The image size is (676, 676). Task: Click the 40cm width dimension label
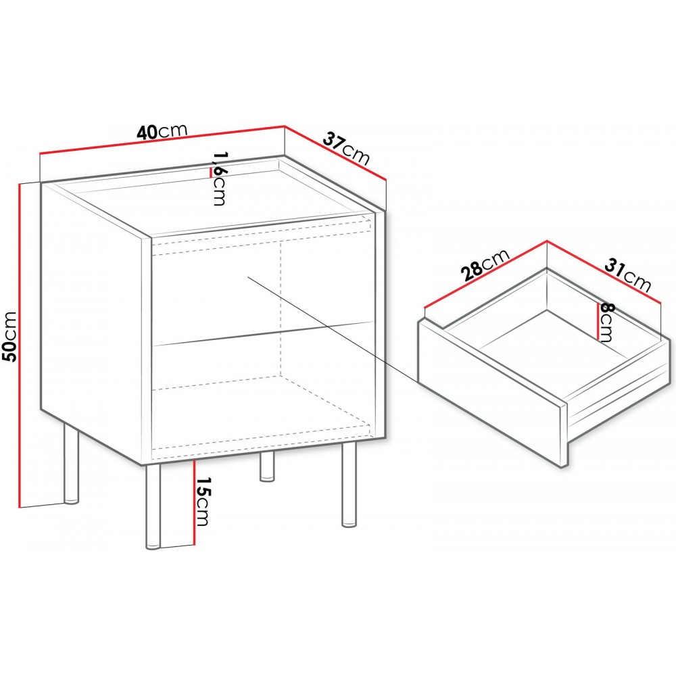click(162, 132)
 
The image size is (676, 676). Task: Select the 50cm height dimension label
click(9, 336)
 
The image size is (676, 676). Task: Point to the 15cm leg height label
click(203, 502)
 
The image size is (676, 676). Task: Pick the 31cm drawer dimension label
click(627, 275)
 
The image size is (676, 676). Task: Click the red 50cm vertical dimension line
click(20, 345)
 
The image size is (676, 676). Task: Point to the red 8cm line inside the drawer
click(597, 321)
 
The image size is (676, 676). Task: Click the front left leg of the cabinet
click(153, 507)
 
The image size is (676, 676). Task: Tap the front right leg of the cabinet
click(349, 485)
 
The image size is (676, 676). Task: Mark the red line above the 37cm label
click(335, 153)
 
